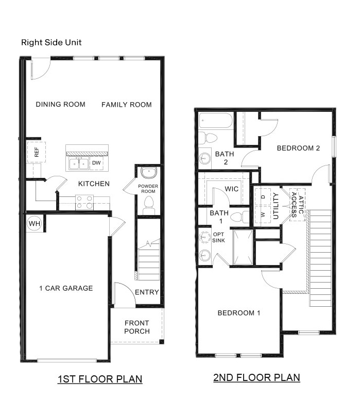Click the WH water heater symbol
click(33, 223)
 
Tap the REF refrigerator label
click(37, 153)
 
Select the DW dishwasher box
click(96, 163)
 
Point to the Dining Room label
click(60, 105)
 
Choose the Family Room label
click(126, 105)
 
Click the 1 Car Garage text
click(66, 288)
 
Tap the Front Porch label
click(137, 327)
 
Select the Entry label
click(147, 292)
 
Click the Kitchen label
click(94, 184)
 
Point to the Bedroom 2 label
click(298, 148)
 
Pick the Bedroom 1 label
click(238, 313)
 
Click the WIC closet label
click(232, 189)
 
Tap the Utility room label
click(276, 205)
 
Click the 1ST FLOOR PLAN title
click(99, 379)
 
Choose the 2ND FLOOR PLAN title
click(256, 377)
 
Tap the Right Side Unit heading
click(51, 42)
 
